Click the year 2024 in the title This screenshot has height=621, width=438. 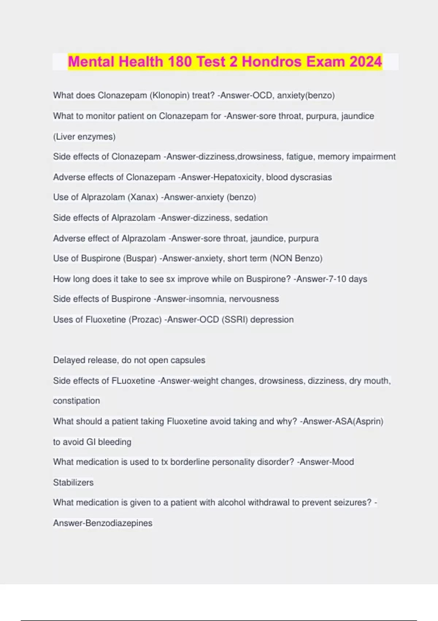pos(365,62)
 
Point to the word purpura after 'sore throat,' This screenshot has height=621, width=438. pos(322,116)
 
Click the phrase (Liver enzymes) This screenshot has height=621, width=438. pos(84,137)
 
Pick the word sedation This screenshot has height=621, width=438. pos(251,218)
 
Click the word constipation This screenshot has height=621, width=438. pos(76,401)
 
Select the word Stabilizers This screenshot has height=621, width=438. pos(73,483)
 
